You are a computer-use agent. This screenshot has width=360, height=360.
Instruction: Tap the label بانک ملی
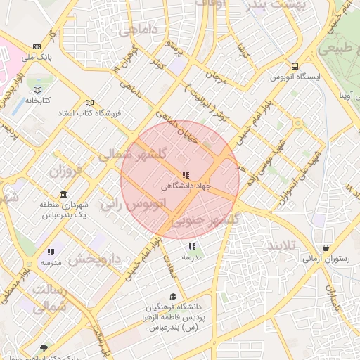pyautogui.click(x=37, y=57)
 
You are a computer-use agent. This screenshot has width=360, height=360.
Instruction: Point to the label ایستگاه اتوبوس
pyautogui.click(x=295, y=76)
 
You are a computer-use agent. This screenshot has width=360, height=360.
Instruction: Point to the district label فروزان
pyautogui.click(x=67, y=170)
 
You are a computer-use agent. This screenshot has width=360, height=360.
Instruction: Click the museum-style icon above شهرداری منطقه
pyautogui.click(x=64, y=195)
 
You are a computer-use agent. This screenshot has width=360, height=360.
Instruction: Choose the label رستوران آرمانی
pyautogui.click(x=326, y=259)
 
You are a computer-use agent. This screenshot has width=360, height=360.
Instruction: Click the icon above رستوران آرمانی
pyautogui.click(x=326, y=248)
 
